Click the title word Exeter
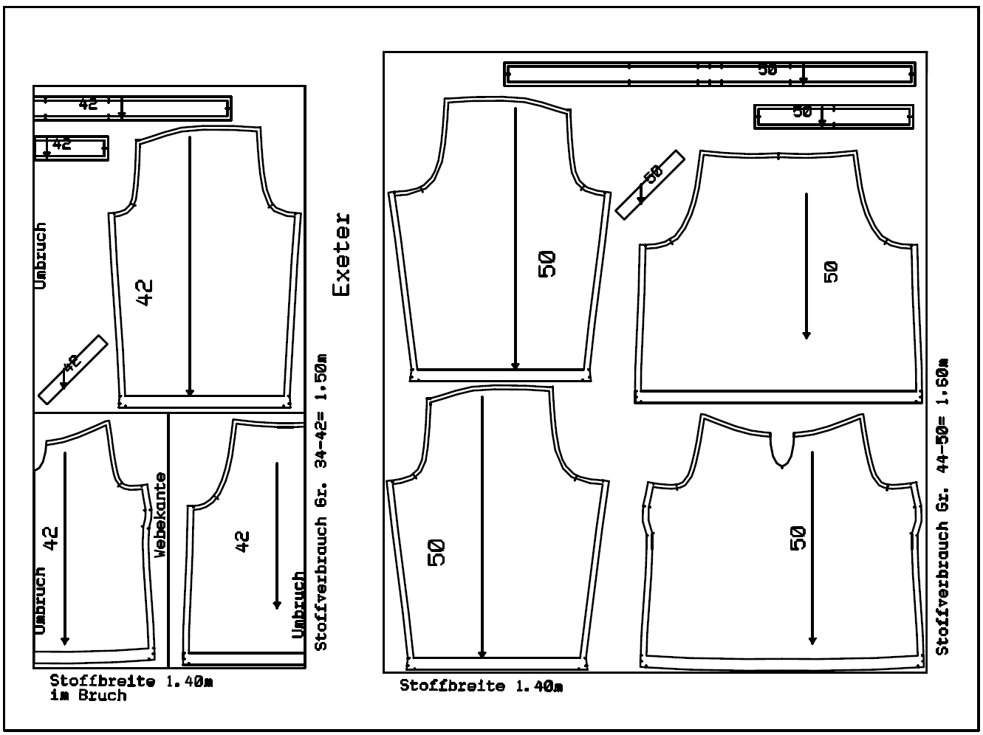[x=342, y=254]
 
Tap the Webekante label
[x=160, y=515]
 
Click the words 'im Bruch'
[x=89, y=696]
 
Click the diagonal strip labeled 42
[x=73, y=369]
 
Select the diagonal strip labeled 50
[x=650, y=184]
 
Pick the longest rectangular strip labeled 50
[x=710, y=74]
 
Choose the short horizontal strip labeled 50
[x=833, y=117]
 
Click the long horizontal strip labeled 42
[x=132, y=108]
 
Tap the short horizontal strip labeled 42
[x=71, y=148]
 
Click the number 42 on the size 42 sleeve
[x=145, y=292]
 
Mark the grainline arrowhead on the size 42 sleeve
[x=190, y=392]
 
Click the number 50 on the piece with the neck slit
[x=798, y=538]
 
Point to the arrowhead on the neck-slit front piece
[x=812, y=641]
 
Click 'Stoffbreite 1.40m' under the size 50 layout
[x=482, y=686]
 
